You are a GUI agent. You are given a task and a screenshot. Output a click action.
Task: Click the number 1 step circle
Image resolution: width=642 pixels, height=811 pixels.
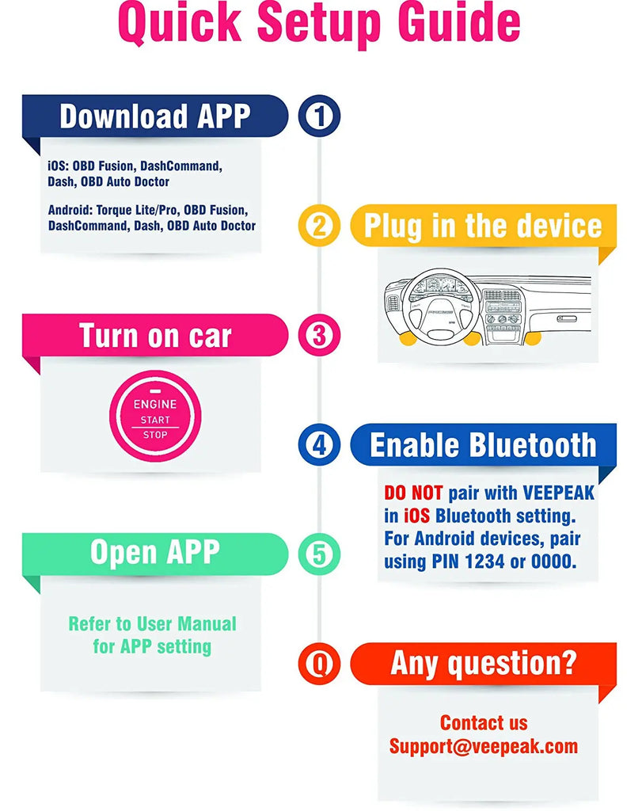pyautogui.click(x=319, y=116)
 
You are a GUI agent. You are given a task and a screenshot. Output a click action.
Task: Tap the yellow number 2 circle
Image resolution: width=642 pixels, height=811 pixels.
pyautogui.click(x=319, y=226)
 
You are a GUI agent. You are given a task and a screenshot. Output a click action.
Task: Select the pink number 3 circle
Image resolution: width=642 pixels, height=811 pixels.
pyautogui.click(x=319, y=335)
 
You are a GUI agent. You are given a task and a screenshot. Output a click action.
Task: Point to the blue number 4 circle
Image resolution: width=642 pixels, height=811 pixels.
pyautogui.click(x=319, y=445)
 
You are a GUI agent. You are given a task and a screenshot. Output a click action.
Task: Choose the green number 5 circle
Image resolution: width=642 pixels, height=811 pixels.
pyautogui.click(x=319, y=554)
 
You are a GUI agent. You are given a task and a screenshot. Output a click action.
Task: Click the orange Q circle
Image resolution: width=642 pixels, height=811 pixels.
pyautogui.click(x=319, y=664)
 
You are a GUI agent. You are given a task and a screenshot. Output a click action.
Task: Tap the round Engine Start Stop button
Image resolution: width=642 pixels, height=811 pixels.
pyautogui.click(x=155, y=417)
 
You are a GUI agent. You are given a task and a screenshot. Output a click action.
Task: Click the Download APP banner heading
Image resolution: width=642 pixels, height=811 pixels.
pyautogui.click(x=155, y=116)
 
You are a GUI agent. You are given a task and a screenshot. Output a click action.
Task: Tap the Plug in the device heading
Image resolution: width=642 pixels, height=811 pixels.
pyautogui.click(x=483, y=227)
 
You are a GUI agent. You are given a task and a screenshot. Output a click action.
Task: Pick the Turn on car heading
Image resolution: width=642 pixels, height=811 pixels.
pyautogui.click(x=155, y=336)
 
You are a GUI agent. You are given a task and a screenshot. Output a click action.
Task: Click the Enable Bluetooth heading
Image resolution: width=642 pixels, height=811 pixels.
pyautogui.click(x=483, y=445)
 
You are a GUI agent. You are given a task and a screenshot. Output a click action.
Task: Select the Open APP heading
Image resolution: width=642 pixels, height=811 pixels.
pyautogui.click(x=155, y=552)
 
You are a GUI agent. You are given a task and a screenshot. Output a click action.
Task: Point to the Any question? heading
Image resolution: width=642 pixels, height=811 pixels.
pyautogui.click(x=484, y=664)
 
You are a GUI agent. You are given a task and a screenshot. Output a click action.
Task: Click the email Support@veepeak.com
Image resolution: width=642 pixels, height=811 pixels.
pyautogui.click(x=484, y=746)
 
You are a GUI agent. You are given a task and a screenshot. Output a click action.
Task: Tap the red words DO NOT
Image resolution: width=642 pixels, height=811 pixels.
pyautogui.click(x=413, y=493)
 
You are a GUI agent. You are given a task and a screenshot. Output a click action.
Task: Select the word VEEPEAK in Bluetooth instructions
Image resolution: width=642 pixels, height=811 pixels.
pyautogui.click(x=558, y=493)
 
